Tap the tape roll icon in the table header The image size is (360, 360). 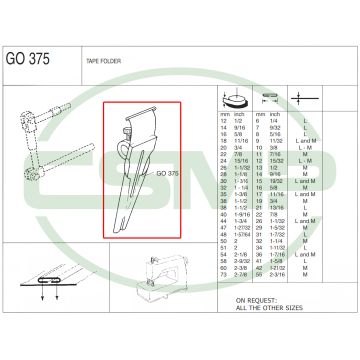pos(234,100)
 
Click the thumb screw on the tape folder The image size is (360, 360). pos(130,128)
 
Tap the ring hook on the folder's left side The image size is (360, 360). pos(121,150)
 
